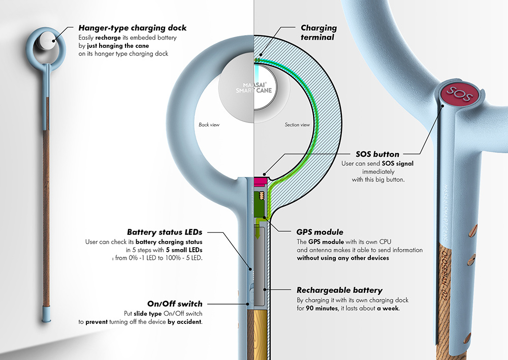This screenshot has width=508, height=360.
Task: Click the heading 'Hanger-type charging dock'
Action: (x=133, y=28)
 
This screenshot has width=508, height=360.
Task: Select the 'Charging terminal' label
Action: (x=319, y=32)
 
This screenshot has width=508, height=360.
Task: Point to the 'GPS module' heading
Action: (x=320, y=232)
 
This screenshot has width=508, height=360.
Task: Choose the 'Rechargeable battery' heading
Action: (x=339, y=290)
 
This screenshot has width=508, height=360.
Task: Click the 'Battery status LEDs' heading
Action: (x=164, y=232)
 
